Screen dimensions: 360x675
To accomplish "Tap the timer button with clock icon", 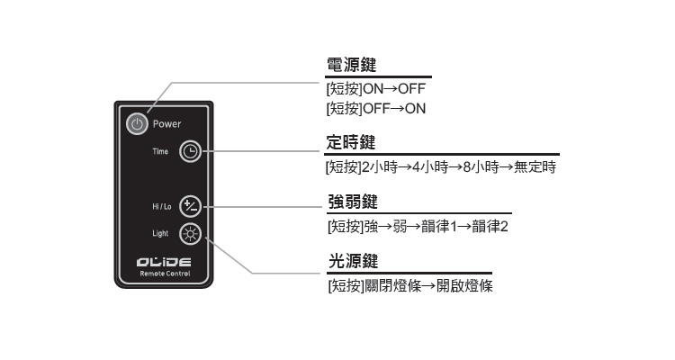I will (191, 151).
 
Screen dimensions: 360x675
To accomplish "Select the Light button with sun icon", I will (191, 234).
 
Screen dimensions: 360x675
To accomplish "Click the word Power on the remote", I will (166, 123).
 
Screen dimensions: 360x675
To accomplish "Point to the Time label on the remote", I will (159, 151).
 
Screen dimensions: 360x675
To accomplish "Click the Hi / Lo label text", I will (158, 206).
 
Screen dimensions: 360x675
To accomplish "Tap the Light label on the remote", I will (160, 234).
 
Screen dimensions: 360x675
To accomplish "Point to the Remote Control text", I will (164, 273).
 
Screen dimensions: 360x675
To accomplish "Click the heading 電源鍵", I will (351, 66).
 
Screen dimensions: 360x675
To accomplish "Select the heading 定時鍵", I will (351, 143).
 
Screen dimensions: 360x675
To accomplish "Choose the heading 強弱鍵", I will (351, 202).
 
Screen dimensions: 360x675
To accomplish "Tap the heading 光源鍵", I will (351, 261).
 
